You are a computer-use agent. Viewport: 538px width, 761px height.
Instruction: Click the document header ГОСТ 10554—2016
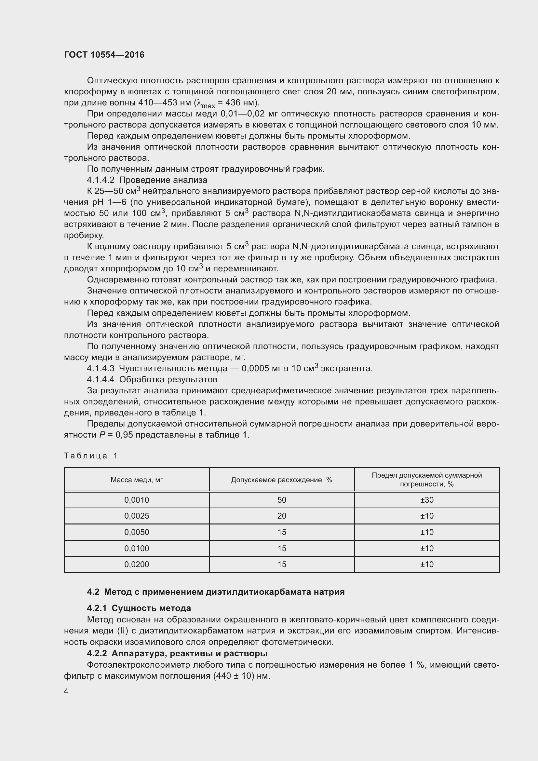pos(104,55)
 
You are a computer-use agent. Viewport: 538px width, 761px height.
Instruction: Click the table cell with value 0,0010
pos(137,500)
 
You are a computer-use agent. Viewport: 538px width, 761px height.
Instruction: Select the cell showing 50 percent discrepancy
pos(282,500)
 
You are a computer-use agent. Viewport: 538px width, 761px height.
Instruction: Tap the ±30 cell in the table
pos(427,500)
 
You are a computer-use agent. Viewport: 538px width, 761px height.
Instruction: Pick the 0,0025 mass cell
pos(137,516)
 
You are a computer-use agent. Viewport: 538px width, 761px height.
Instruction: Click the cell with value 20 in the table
pos(282,516)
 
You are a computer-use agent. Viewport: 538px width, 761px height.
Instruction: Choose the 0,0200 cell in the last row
pos(137,564)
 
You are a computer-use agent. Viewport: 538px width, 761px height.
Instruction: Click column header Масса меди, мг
pos(137,480)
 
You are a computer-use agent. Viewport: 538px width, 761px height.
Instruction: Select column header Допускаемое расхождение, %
pos(282,480)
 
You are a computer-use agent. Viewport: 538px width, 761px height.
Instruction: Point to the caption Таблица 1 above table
pos(91,456)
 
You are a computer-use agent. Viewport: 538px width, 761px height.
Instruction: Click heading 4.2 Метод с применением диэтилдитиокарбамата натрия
pos(216,591)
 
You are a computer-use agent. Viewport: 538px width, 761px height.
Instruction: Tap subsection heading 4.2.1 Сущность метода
pos(139,608)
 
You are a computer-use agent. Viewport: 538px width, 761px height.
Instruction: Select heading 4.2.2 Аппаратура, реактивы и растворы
pos(177,653)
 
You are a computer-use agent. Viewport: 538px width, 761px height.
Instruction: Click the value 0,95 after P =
pos(124,435)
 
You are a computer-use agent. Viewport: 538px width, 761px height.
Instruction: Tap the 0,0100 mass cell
pos(137,548)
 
